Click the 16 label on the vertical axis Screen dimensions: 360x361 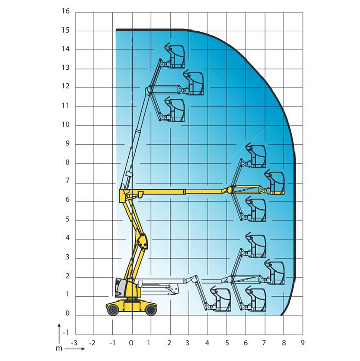coord(66,11)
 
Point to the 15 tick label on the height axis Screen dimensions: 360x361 coord(66,31)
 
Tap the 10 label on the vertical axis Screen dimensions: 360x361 coord(66,125)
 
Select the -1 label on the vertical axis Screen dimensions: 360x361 coord(66,333)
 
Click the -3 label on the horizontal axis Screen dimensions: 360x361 coord(74,343)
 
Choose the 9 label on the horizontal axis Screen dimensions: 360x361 coord(302,343)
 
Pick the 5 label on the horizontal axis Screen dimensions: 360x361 coord(227,343)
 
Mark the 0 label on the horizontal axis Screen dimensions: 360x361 coord(131,343)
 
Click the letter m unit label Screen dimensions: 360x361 coord(59,349)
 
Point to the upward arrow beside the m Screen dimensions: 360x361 coord(59,334)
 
